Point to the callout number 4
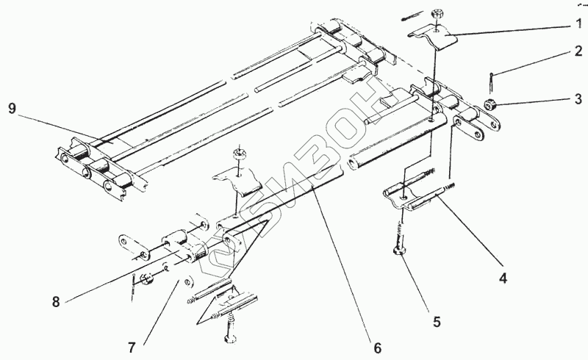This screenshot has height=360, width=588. (503, 278)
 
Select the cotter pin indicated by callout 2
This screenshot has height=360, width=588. (490, 78)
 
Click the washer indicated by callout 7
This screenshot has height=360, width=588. (187, 280)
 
